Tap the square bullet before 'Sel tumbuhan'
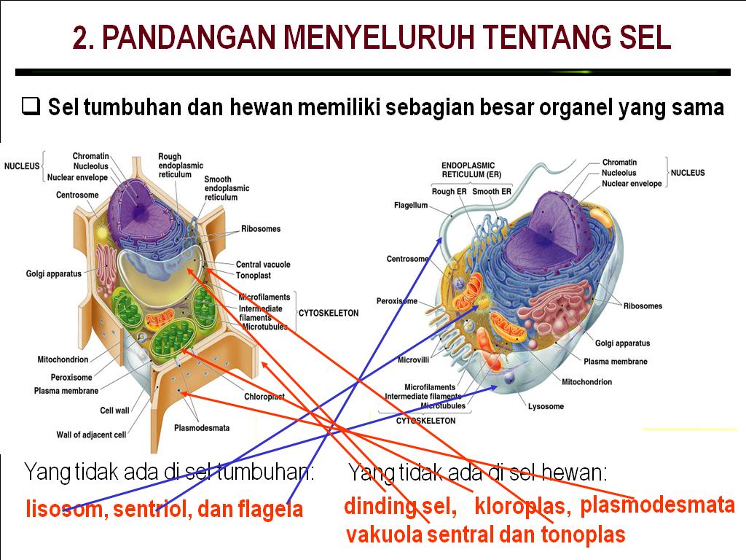(31, 107)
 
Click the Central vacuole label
(263, 265)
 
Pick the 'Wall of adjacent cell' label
(91, 435)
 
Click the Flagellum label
(411, 206)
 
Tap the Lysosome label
(546, 406)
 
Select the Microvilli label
(413, 359)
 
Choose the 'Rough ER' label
(449, 192)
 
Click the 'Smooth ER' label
(491, 192)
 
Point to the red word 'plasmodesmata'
(657, 505)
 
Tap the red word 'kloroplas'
(522, 506)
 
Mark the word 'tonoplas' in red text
(582, 534)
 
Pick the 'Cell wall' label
(114, 411)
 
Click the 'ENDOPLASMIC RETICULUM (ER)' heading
(471, 170)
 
